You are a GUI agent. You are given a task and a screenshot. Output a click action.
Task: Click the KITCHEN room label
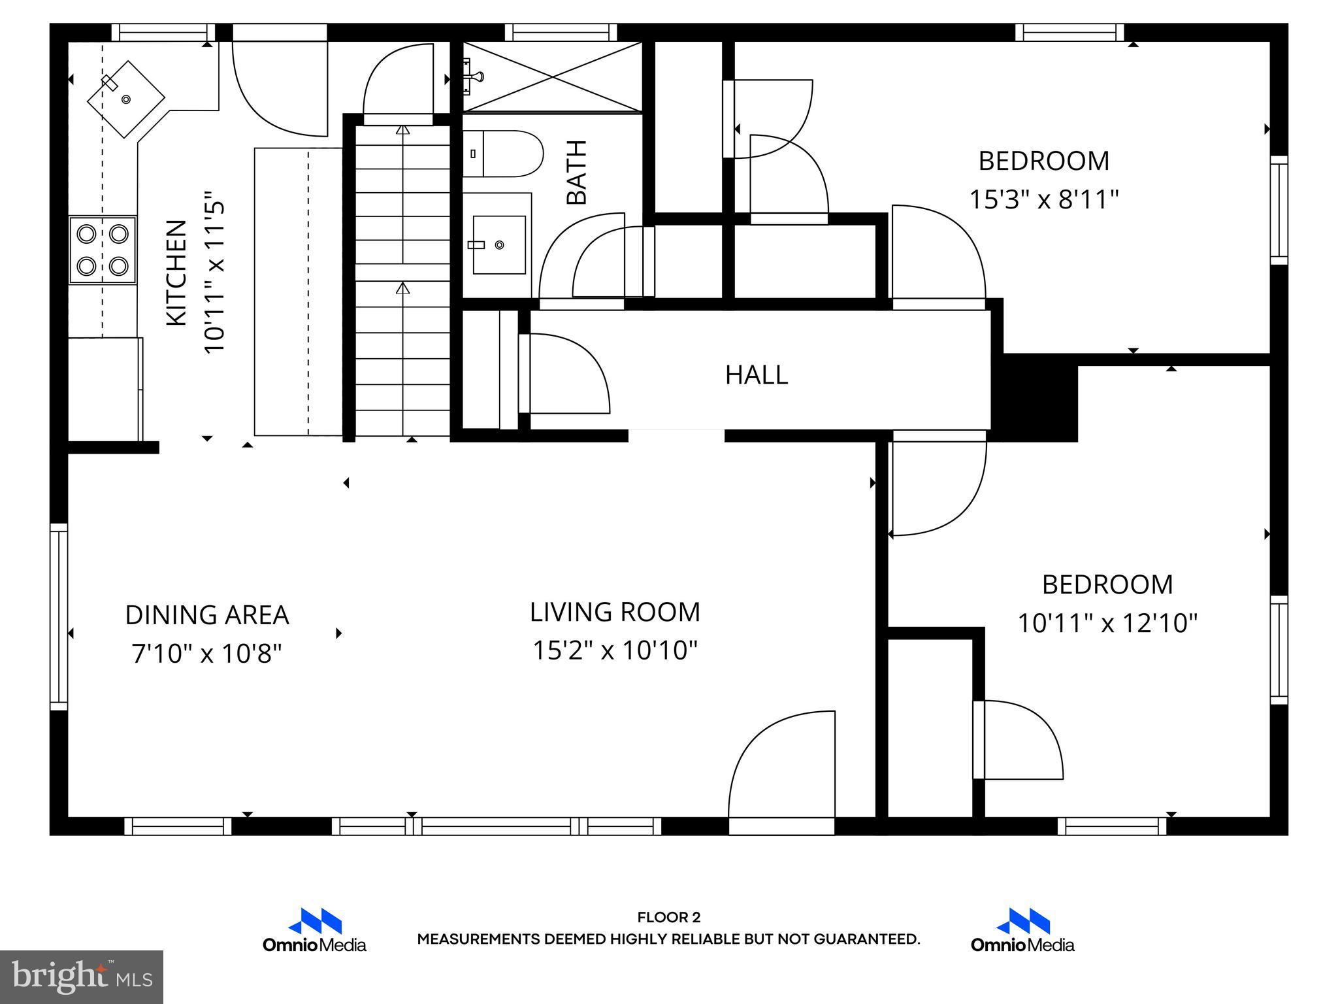coord(176,273)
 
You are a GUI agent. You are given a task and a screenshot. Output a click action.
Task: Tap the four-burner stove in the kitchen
coord(103,250)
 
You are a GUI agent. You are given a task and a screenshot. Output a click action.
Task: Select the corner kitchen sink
coord(126,99)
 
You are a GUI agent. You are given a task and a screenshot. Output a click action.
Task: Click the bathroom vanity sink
coord(499,244)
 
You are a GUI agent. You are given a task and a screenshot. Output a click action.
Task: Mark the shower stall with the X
coord(553,77)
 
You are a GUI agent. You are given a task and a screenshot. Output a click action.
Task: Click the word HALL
coord(757,375)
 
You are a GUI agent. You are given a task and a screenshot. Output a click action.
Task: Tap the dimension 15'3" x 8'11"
coord(1043,199)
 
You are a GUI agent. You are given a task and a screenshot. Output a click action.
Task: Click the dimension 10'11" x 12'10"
coord(1107,623)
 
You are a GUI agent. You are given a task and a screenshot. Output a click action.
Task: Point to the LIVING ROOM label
coord(615,612)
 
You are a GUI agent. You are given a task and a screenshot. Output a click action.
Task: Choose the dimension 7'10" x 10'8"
coord(206,652)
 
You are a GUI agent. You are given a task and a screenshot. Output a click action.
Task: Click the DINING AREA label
coord(206,615)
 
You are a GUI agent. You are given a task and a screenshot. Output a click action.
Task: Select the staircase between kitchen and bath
coord(403,281)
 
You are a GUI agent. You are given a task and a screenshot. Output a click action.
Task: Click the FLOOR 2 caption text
coord(668,918)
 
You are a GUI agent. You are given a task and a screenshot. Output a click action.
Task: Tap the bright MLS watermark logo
coord(82,977)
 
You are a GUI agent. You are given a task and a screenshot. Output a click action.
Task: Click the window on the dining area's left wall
coord(59,616)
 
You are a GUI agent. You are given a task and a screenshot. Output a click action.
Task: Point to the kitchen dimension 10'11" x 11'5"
coord(215,273)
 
